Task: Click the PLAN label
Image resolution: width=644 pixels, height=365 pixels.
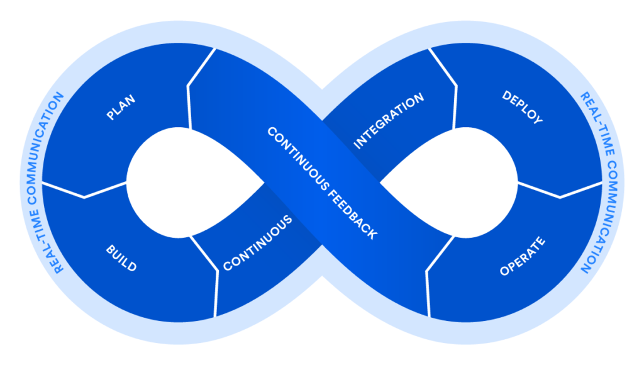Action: point(121,107)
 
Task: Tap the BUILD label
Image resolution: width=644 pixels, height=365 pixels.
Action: point(121,258)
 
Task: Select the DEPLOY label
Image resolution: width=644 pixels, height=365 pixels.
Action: point(522,107)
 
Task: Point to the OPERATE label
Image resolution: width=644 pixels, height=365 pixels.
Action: point(522,257)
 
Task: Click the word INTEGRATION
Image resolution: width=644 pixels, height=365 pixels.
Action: point(389,121)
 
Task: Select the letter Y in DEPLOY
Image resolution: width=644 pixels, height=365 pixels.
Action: point(538,120)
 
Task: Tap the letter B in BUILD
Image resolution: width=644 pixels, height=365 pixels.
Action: point(109,249)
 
